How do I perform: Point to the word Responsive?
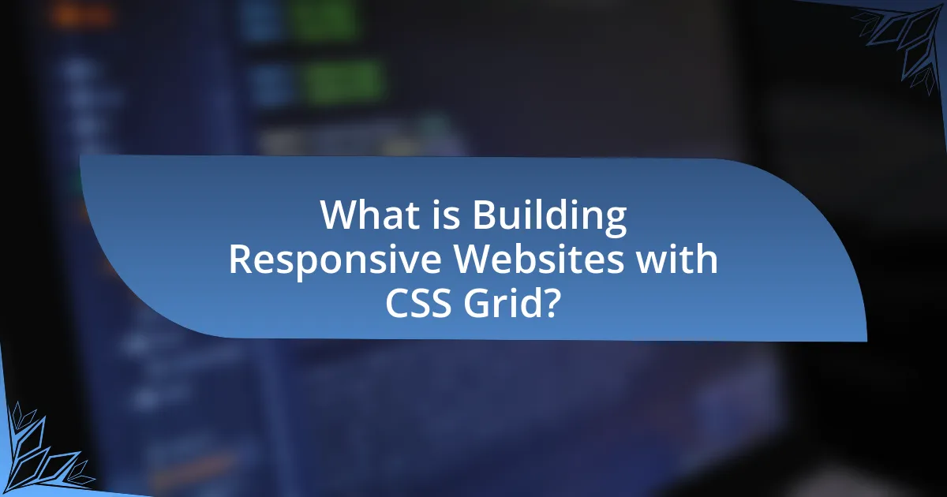coord(335,260)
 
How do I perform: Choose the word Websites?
coord(538,259)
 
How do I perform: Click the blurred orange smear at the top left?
coord(82,16)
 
